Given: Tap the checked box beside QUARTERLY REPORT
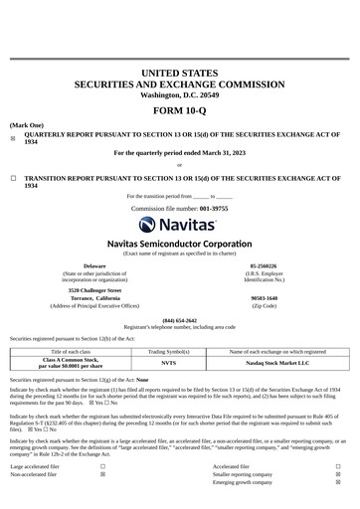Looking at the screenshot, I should (x=13, y=138).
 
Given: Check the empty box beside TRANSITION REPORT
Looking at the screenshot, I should (x=13, y=179).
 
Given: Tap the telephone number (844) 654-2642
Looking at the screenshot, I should (x=179, y=320).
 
